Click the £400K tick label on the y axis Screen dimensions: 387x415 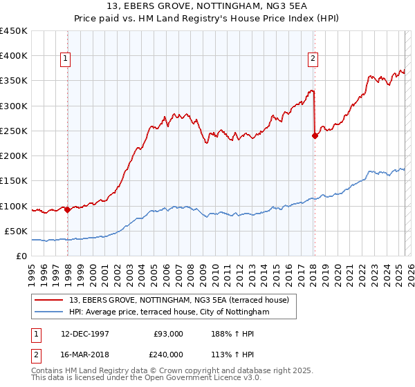pyautogui.click(x=14, y=56)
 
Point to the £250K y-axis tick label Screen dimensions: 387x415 pyautogui.click(x=14, y=131)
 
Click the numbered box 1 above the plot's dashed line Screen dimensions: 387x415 pyautogui.click(x=65, y=59)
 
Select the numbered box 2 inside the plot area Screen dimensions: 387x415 pyautogui.click(x=313, y=59)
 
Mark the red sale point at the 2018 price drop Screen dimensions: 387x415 pyautogui.click(x=315, y=135)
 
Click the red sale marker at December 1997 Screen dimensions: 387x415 pyautogui.click(x=68, y=209)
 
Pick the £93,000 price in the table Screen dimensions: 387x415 pyautogui.click(x=168, y=333)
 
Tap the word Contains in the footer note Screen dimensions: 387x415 pyautogui.click(x=49, y=371)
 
